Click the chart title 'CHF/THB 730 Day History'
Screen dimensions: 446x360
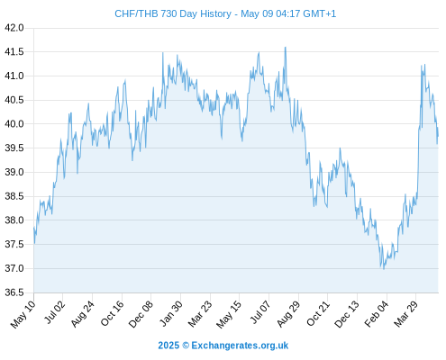click(173, 13)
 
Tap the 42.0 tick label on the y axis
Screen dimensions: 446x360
click(14, 28)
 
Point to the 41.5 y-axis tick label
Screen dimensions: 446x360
click(14, 52)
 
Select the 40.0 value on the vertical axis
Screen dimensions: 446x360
click(14, 124)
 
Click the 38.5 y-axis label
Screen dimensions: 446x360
click(14, 196)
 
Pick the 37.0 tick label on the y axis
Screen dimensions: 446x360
click(14, 268)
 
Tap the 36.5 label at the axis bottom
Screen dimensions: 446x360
click(14, 292)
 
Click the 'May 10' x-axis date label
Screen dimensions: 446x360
click(23, 314)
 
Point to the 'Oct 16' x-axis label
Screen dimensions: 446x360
click(112, 313)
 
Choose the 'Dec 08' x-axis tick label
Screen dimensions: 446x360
click(141, 314)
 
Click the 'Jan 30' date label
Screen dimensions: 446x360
click(170, 313)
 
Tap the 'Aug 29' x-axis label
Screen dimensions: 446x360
click(288, 313)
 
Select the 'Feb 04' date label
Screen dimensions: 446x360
click(377, 313)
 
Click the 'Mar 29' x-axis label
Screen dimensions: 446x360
click(405, 313)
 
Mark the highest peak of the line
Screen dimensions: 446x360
click(285, 47)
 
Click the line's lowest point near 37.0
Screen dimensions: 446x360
click(384, 269)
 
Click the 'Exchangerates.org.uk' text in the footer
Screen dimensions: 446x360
click(240, 346)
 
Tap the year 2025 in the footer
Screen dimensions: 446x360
click(168, 346)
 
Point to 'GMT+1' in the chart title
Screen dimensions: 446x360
click(320, 13)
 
